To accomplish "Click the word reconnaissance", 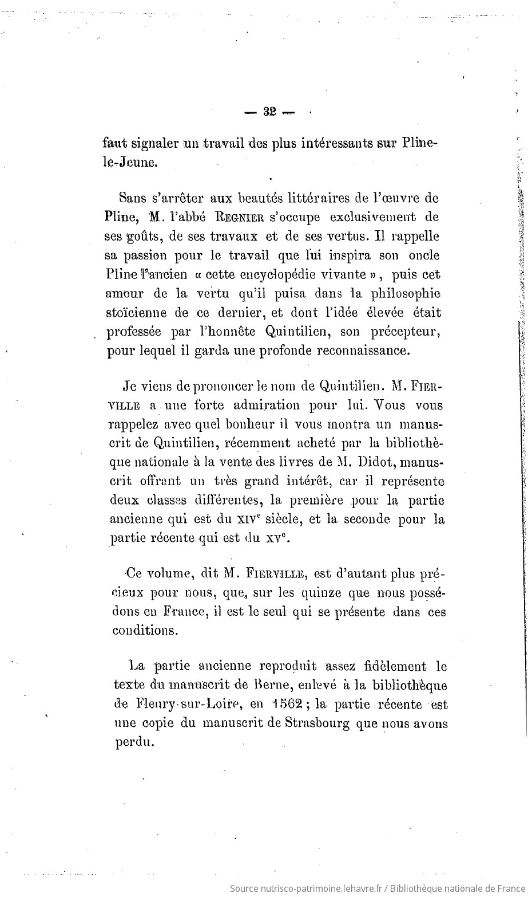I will [361, 351].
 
